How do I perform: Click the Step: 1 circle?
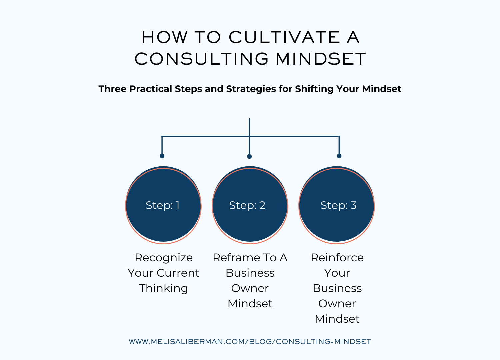[x=163, y=205]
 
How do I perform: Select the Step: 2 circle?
[x=250, y=205]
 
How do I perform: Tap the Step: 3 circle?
[x=337, y=205]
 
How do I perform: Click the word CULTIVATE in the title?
[x=284, y=37]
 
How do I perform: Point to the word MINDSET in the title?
[x=321, y=59]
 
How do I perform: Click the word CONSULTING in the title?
[x=201, y=59]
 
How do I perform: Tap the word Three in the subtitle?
[x=112, y=89]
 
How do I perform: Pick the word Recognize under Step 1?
[x=164, y=258]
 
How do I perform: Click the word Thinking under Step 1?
[x=164, y=288]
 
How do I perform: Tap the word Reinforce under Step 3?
[x=337, y=258]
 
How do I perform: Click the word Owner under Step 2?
[x=250, y=288]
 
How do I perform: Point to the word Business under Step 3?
[x=337, y=288]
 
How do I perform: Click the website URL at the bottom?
[x=250, y=342]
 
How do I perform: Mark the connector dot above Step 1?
[x=162, y=156]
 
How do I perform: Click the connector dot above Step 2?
[x=249, y=157]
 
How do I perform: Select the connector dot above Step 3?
[x=339, y=156]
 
